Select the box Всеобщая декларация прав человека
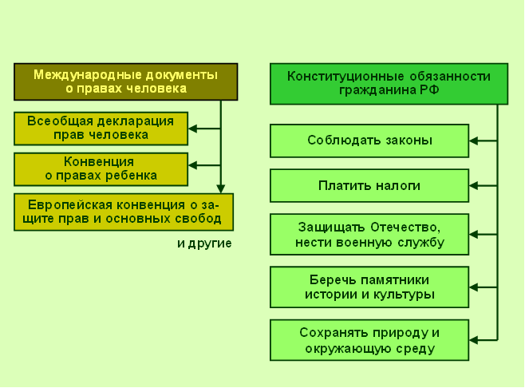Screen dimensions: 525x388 coord(101,129)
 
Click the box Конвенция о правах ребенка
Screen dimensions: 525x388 coord(101,169)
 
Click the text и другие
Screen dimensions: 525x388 coord(204,243)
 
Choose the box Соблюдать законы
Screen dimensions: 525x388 coord(369,141)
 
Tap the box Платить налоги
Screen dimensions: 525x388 coord(369,186)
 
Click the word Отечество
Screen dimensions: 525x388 coord(405,228)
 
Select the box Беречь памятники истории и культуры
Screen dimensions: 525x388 coord(369,287)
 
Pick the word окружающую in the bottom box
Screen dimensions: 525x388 coord(348,349)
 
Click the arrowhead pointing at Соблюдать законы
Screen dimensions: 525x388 coord(473,141)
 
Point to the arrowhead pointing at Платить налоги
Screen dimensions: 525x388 coord(473,186)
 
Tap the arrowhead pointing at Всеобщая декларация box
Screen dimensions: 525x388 coord(193,129)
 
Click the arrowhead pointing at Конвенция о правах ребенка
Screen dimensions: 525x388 coord(193,164)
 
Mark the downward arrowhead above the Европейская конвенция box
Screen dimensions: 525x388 coord(221,189)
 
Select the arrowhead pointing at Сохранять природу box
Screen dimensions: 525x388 coord(473,340)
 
